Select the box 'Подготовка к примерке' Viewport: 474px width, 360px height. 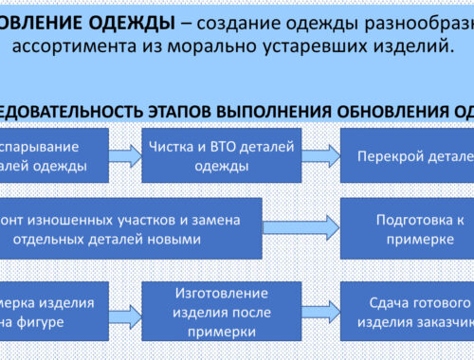coord(406,228)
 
